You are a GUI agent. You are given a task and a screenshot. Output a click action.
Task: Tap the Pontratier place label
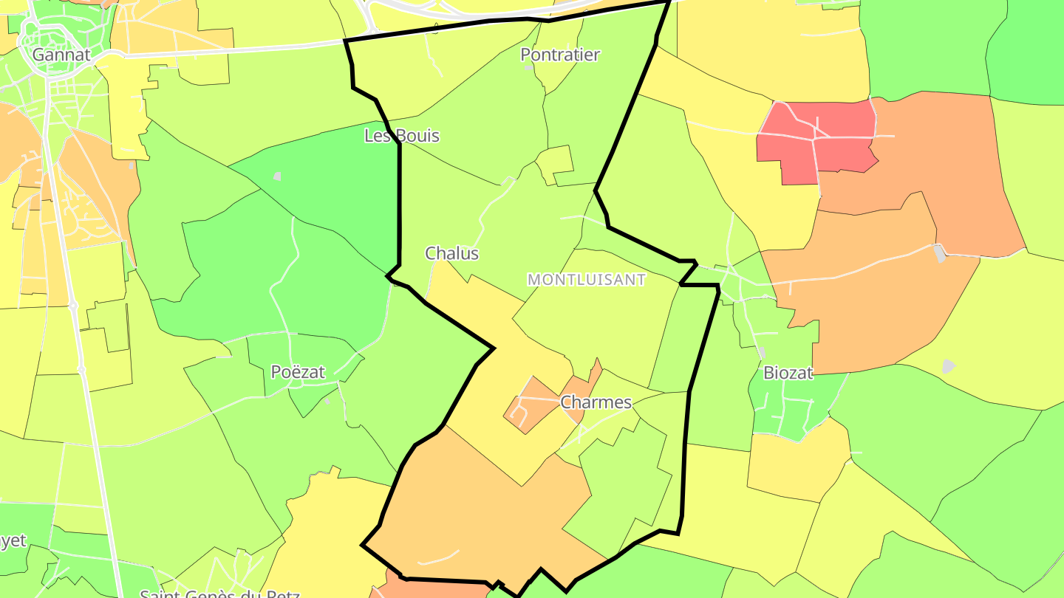(560, 55)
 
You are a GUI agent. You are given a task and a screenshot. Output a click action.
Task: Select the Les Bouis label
(402, 136)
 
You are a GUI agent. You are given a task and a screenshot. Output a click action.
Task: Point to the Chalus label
(451, 253)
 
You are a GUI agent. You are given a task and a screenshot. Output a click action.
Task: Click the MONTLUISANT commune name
(587, 280)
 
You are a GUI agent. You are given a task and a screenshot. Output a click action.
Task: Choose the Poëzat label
(298, 372)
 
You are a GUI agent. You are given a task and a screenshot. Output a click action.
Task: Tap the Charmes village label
(596, 402)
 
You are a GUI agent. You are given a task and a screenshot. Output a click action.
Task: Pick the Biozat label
(788, 373)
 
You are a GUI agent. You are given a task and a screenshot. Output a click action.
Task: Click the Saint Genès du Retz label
(219, 593)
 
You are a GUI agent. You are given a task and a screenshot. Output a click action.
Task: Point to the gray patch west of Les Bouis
(277, 176)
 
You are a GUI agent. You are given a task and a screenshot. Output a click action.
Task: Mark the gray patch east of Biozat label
(949, 365)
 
